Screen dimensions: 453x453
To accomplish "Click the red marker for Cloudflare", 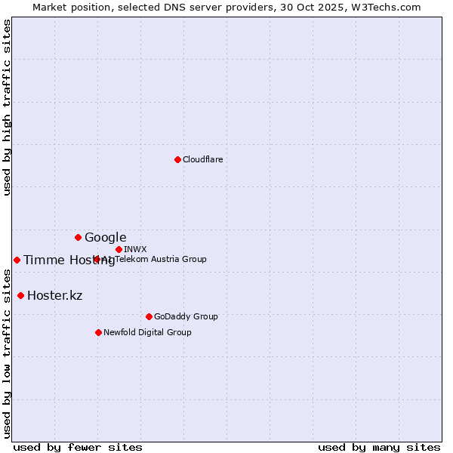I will (x=177, y=159).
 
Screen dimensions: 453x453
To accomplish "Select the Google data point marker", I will (x=78, y=237).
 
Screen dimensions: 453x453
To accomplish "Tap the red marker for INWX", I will (x=119, y=249).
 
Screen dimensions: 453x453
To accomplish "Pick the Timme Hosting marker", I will (x=17, y=260).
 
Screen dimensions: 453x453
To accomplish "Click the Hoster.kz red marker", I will (x=20, y=295).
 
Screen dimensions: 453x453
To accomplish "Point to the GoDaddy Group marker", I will (x=149, y=316).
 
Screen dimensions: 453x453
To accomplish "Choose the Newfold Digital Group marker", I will (x=98, y=332).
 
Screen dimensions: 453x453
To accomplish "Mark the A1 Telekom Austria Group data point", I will (x=97, y=259).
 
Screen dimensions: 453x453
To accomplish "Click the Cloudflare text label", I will (x=202, y=159).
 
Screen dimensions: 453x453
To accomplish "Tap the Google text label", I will (x=105, y=237).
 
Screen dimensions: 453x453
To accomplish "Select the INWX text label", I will (x=135, y=249).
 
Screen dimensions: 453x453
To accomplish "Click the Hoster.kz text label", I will (x=54, y=295).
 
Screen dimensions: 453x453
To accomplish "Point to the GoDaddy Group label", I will (x=185, y=316).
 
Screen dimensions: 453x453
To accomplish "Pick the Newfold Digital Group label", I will (x=147, y=332).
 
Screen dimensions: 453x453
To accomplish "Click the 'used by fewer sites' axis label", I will (x=78, y=447).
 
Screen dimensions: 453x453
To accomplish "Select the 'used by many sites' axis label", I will (x=379, y=447).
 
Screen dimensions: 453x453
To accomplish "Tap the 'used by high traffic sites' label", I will (x=7, y=107).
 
